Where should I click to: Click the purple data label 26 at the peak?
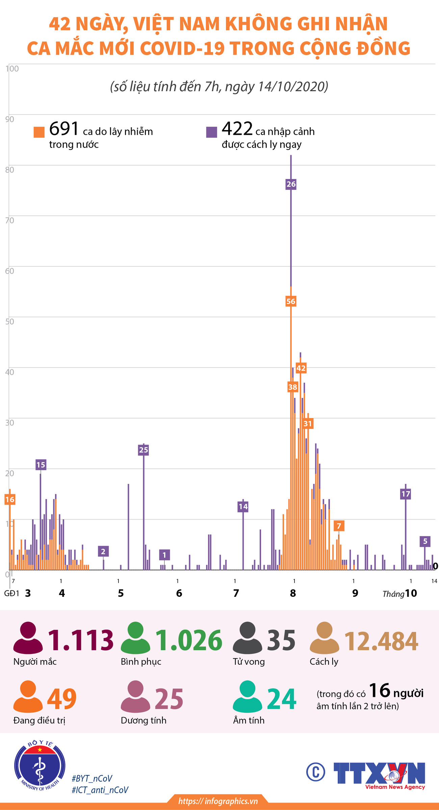(x=291, y=184)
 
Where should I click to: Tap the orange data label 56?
(x=291, y=301)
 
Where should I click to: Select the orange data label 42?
(x=301, y=368)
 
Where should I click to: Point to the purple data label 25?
(x=144, y=450)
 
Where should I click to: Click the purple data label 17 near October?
(x=406, y=494)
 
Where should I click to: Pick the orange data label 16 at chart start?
(x=10, y=500)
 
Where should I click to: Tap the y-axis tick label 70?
(x=10, y=221)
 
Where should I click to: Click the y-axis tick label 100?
(x=12, y=69)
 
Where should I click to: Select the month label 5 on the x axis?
(x=121, y=593)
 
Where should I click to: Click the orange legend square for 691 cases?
(x=39, y=132)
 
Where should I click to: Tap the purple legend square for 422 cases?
(x=212, y=132)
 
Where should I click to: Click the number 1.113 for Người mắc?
(x=81, y=640)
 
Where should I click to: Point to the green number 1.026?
(x=188, y=640)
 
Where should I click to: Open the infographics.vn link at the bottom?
(x=218, y=801)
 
